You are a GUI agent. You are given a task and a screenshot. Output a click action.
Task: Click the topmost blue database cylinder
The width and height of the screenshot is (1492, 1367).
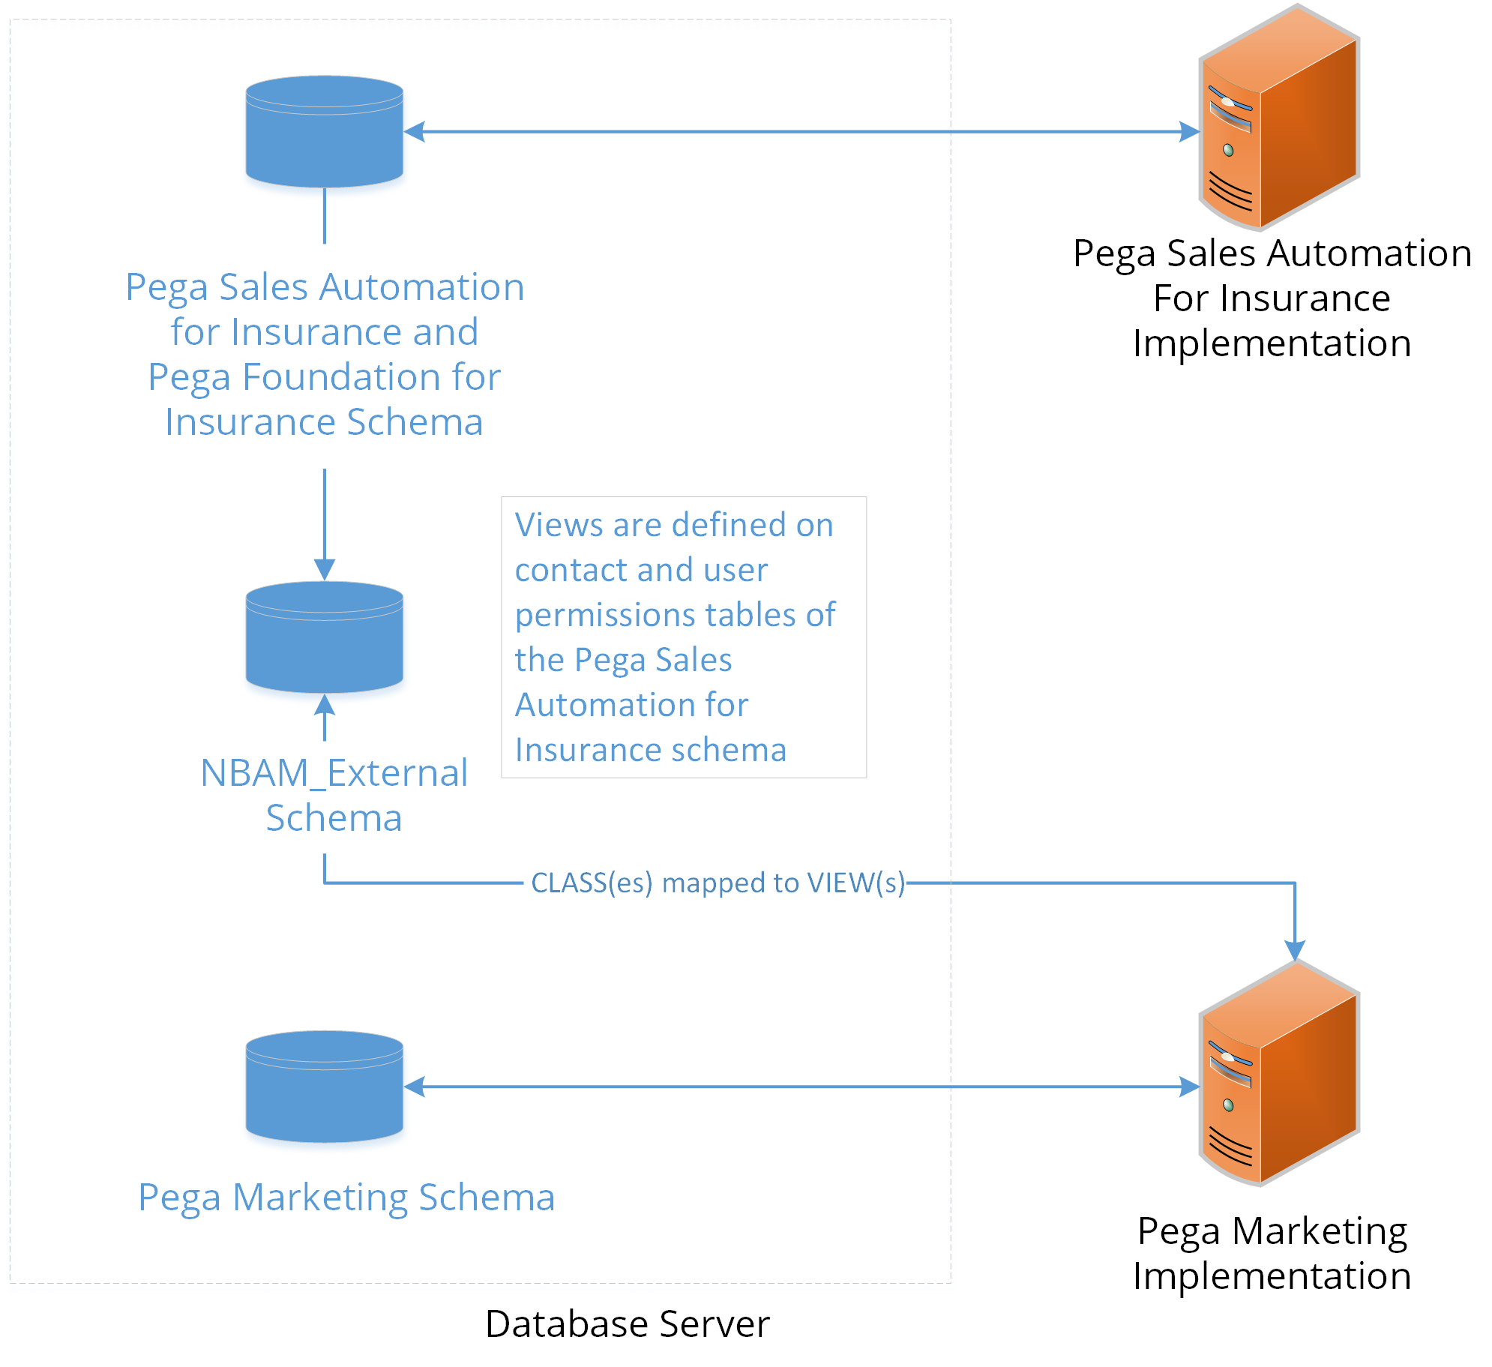pos(324,132)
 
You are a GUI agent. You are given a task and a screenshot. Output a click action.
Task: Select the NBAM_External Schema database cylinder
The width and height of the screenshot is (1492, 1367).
pos(324,637)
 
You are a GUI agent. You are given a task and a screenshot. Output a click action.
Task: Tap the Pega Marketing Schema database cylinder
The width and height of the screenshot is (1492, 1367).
pos(324,1087)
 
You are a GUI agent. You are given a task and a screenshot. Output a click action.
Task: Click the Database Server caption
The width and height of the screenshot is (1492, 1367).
pos(627,1324)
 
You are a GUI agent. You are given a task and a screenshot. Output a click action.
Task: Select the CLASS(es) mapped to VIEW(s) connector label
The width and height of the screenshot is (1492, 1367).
pos(718,883)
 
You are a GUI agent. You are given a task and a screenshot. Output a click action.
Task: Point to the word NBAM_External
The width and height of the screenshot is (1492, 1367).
pos(334,773)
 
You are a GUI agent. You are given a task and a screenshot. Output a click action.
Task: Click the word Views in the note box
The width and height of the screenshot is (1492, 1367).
pos(559,525)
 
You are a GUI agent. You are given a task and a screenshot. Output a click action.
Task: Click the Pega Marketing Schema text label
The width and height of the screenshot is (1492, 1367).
pos(346,1198)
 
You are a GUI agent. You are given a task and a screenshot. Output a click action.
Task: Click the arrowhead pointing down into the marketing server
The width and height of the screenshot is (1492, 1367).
pos(1295,951)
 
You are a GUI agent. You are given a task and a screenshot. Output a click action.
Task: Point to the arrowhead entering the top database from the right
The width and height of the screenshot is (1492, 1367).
pos(415,132)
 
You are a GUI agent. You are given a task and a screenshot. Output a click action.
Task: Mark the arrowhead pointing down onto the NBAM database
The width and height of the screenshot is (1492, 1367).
pos(324,570)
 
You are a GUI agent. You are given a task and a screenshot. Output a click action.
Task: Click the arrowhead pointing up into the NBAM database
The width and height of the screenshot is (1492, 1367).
pos(324,705)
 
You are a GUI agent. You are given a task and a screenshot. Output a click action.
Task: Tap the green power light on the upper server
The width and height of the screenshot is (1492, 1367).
pos(1228,151)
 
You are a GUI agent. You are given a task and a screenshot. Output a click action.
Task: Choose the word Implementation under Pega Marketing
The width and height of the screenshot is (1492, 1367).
pos(1272,1276)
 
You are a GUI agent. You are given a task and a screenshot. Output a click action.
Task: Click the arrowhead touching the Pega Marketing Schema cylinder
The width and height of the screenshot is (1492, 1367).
pos(415,1087)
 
